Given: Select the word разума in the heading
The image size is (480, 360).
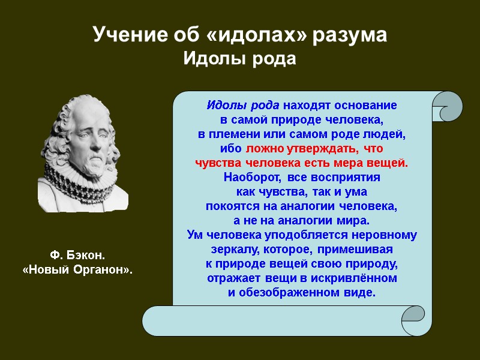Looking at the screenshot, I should [350, 35].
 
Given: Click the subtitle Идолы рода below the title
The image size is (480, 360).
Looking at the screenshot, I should [239, 59].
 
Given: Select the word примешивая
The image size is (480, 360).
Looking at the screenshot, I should [355, 249].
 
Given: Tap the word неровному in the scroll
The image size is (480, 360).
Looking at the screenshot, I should [384, 235].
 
